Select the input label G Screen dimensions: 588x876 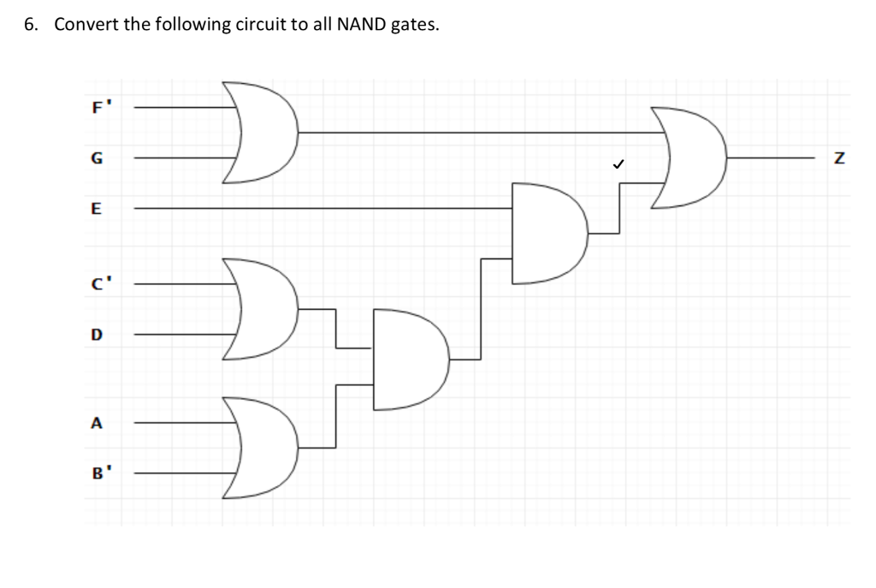click(96, 158)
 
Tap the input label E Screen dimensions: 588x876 click(96, 207)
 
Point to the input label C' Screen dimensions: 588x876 click(97, 283)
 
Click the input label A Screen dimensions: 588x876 click(96, 422)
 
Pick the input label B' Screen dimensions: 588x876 click(97, 472)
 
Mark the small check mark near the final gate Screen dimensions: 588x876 click(616, 163)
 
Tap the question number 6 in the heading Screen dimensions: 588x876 click(29, 24)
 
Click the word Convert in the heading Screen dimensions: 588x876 click(83, 24)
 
